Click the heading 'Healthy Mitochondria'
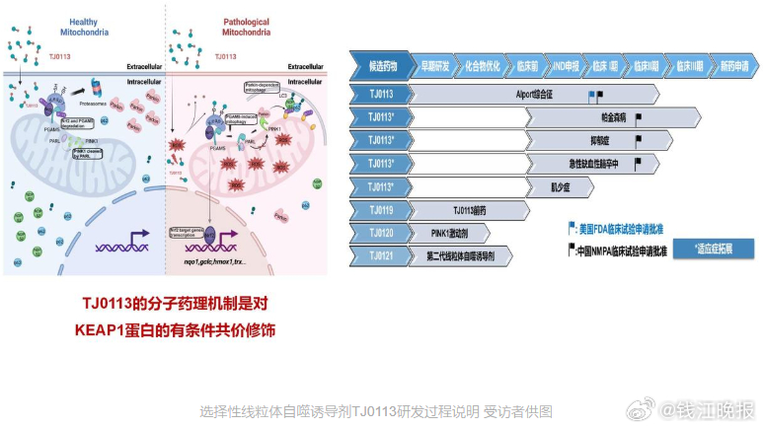[84, 26]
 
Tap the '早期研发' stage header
[435, 65]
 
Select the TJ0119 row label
[381, 210]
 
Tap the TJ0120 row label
[381, 233]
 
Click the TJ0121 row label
[381, 255]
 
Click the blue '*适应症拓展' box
[719, 248]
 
